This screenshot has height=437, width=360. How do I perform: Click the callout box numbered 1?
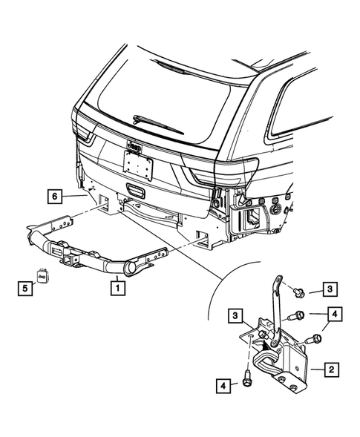pos(117,283)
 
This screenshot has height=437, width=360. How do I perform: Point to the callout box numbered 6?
pos(53,196)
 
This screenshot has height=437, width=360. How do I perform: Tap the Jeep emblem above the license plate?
pos(134,148)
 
